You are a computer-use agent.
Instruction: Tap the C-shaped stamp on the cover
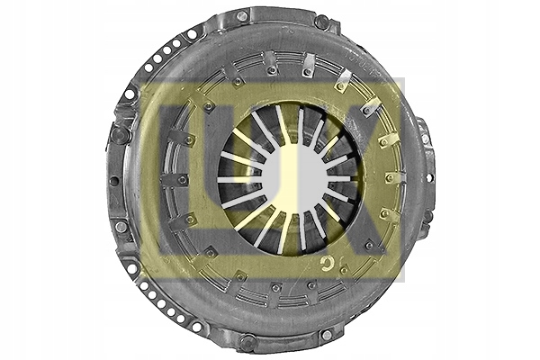coord(325,264)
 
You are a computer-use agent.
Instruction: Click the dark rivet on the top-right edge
coord(321,22)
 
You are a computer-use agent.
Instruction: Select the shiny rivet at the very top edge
coord(242,15)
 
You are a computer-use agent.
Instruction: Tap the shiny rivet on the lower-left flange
coord(121,227)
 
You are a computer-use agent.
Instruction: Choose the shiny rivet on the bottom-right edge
coord(327,334)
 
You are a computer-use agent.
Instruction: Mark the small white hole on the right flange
coord(429,178)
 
